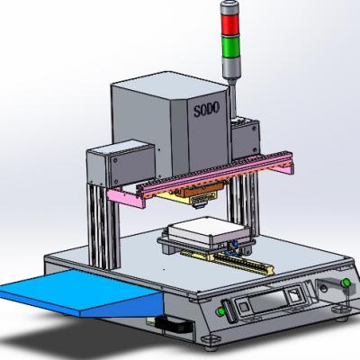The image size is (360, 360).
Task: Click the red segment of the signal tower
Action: point(230,24)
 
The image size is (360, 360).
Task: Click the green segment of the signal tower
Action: point(230,47)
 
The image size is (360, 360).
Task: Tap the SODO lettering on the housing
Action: point(206,109)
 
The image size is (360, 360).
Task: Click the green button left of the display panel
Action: point(221,311)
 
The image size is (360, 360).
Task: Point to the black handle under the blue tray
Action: point(174,325)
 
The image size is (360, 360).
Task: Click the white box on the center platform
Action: point(209,231)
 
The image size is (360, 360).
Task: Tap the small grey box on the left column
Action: point(121,164)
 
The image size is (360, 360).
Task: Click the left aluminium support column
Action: point(103,225)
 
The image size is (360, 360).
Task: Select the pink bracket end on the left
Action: point(125,198)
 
